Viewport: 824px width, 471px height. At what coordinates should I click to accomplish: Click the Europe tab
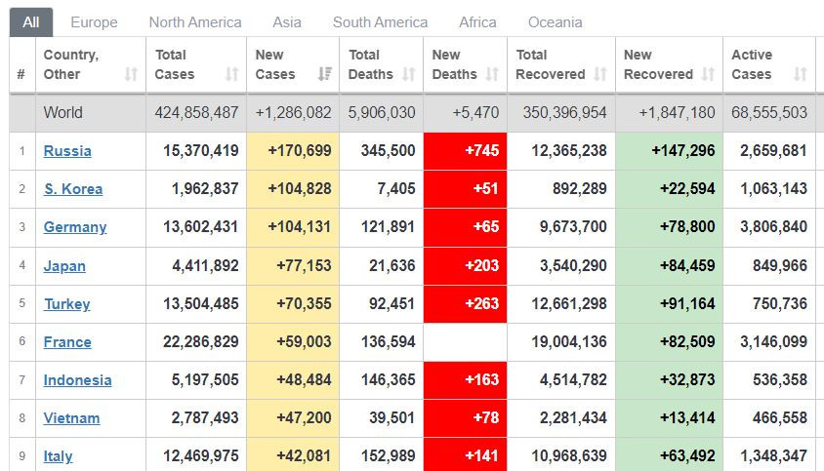point(94,21)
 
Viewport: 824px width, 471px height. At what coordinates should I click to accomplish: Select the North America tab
point(195,21)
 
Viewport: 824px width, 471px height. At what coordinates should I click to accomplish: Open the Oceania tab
point(555,21)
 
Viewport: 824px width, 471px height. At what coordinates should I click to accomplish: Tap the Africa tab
point(477,21)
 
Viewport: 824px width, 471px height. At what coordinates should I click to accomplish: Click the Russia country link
point(67,150)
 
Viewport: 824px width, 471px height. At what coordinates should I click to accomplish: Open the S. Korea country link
point(73,188)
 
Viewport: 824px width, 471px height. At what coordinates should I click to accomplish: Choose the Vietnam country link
point(71,417)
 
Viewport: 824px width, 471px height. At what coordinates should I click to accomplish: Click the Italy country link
point(58,455)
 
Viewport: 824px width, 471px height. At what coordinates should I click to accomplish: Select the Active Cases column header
point(752,64)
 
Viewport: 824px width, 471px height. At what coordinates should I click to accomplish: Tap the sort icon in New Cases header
point(324,74)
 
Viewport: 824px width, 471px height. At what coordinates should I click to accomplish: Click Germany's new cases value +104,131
point(300,226)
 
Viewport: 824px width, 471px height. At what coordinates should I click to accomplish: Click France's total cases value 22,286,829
point(197,341)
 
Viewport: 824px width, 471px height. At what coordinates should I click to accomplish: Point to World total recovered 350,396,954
point(564,112)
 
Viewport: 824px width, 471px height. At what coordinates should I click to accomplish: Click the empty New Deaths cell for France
point(465,341)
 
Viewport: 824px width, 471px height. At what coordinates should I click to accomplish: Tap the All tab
point(31,21)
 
